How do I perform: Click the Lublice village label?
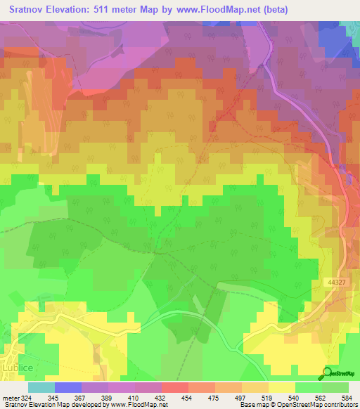coord(15,366)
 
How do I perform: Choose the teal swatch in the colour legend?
coord(41,387)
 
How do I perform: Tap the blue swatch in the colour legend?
coord(67,387)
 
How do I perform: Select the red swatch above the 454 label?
coord(174,387)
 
